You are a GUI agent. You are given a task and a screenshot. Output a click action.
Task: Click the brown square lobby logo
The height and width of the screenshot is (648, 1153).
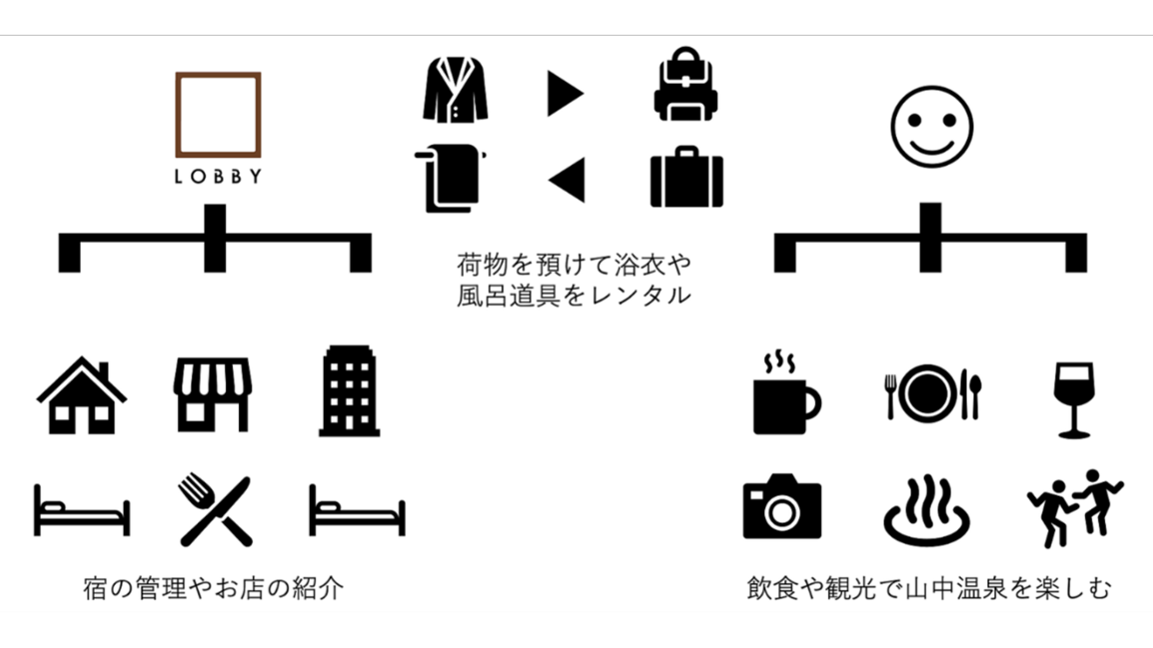(218, 115)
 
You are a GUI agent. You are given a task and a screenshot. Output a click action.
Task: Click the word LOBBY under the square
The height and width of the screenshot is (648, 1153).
(218, 178)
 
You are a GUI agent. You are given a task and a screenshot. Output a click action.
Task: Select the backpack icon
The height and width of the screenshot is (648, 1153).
(685, 88)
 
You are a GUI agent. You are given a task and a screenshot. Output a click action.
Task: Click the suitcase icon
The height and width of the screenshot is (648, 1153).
(686, 177)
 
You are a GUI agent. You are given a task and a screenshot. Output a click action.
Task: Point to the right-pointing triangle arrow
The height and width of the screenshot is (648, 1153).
(565, 94)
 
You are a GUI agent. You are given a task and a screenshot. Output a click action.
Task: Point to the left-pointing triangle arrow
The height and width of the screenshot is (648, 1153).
(567, 180)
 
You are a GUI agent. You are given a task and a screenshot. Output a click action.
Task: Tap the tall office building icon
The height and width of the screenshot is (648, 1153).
(350, 391)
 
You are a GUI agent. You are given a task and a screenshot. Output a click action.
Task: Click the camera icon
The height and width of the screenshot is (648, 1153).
(781, 506)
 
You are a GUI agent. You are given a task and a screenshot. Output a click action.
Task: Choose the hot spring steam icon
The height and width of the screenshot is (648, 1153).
(927, 511)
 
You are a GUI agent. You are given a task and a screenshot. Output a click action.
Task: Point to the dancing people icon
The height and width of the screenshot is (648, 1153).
(1074, 507)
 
